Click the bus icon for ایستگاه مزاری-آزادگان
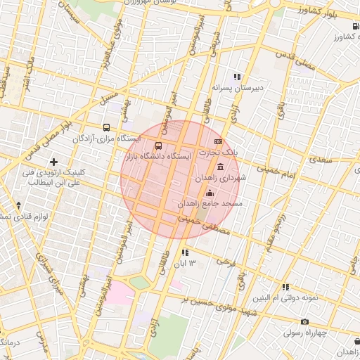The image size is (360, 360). [x=106, y=128]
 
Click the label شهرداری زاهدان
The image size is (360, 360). [x=221, y=178]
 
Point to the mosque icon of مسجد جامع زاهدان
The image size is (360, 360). [x=209, y=193]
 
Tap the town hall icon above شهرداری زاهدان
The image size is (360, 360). [x=221, y=167]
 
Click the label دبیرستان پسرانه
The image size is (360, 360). [x=237, y=88]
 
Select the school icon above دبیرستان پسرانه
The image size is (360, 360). [x=238, y=77]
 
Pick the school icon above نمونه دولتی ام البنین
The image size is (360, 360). [x=285, y=287]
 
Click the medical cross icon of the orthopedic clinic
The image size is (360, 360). [x=53, y=162]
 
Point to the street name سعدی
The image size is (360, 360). [x=319, y=160]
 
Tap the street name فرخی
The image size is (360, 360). [x=225, y=262]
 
